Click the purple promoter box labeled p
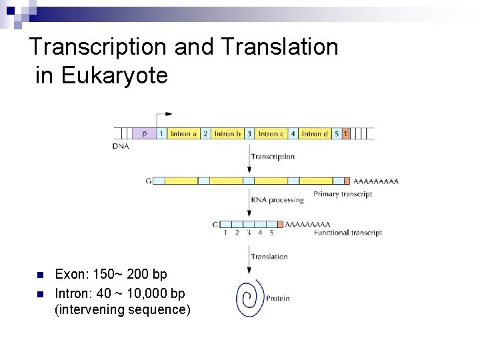145,133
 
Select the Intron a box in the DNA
183,133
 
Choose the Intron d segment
315,133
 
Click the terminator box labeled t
345,133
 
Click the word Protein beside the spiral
278,299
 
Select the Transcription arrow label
273,157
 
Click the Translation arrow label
269,257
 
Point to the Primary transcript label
343,195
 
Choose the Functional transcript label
347,233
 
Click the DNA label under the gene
121,146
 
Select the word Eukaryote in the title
114,75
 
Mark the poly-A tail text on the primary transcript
376,181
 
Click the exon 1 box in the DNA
161,133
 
